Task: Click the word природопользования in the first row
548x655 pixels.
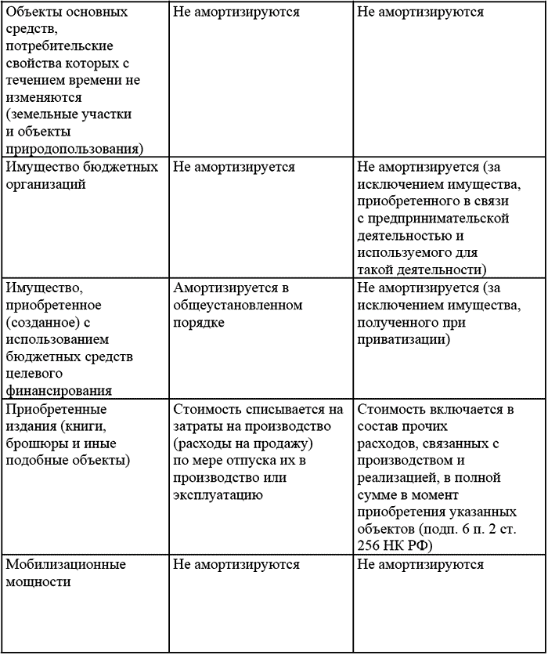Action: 74,148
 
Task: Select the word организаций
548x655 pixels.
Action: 45,184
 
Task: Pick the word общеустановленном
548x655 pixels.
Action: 238,305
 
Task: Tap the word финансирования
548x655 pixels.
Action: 59,390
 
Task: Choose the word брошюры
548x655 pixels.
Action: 32,443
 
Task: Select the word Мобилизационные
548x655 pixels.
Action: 66,564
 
